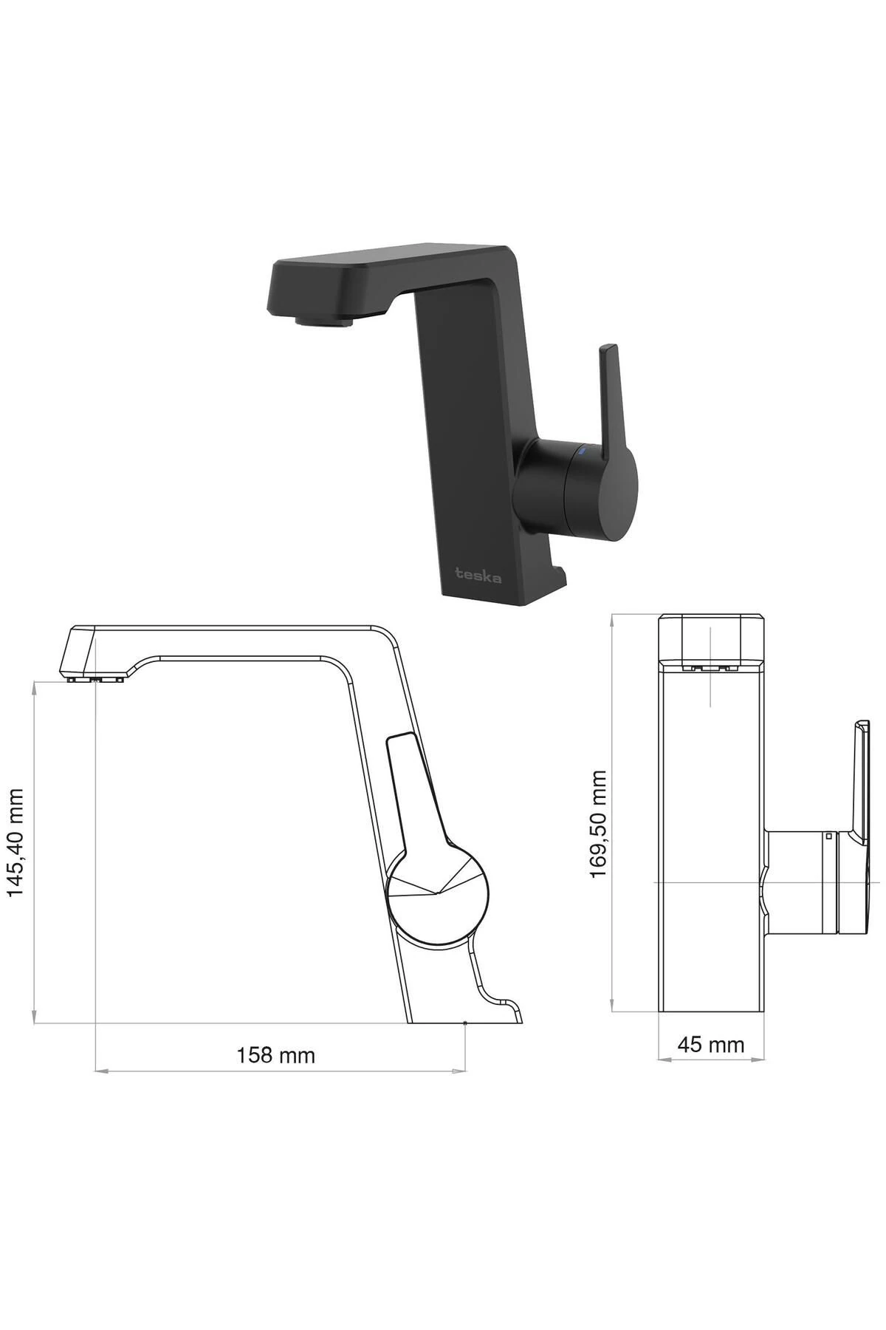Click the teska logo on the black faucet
pyautogui.click(x=478, y=574)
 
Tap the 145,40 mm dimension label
pyautogui.click(x=16, y=842)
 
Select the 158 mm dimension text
pyautogui.click(x=275, y=1055)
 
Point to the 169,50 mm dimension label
pyautogui.click(x=598, y=824)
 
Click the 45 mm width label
pyautogui.click(x=711, y=1045)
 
